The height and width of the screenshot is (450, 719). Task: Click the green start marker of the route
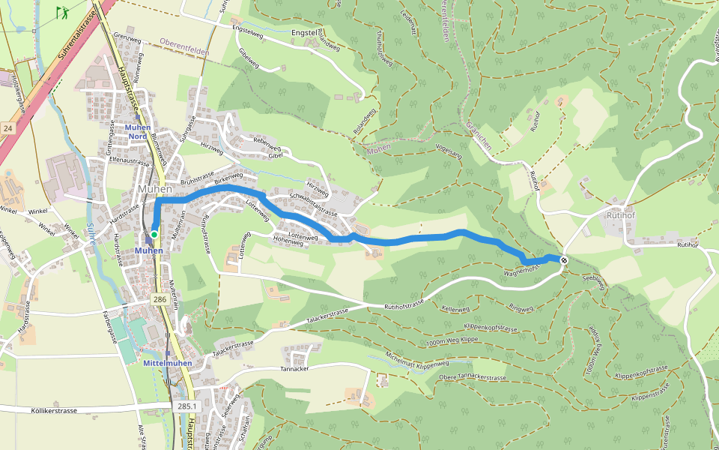click(154, 234)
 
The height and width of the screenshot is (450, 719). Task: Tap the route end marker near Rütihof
click(563, 260)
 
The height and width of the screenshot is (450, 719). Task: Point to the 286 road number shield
click(160, 299)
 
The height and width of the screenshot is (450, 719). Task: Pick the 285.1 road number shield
click(186, 406)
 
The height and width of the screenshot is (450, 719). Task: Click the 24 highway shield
click(7, 128)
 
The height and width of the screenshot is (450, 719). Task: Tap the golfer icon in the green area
click(61, 13)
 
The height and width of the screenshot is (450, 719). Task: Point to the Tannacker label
click(294, 369)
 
